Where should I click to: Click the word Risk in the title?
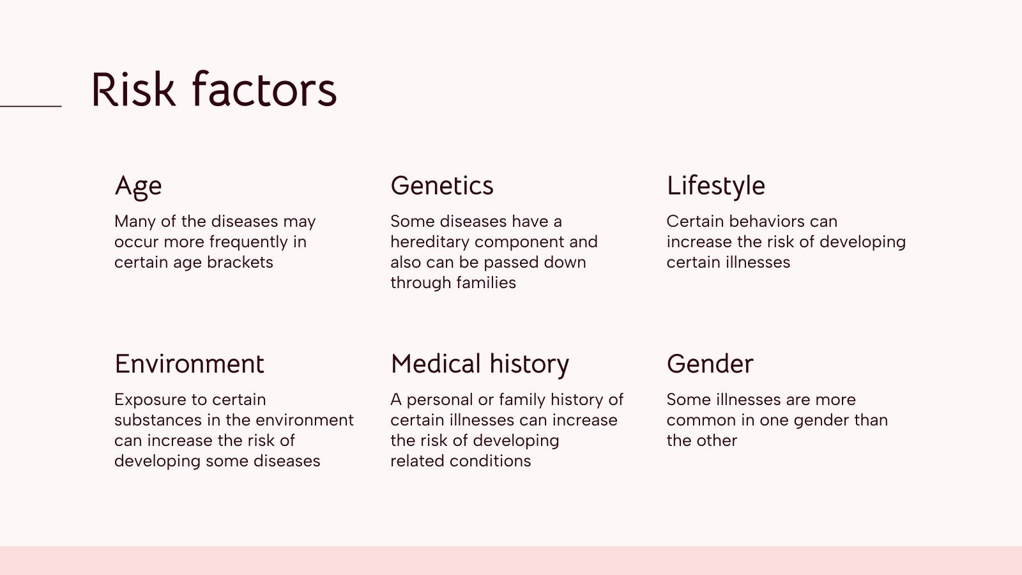[133, 89]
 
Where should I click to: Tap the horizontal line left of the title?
[31, 106]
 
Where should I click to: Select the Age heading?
[138, 187]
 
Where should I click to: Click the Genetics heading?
[442, 186]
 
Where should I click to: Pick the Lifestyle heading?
[715, 186]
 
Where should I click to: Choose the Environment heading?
[189, 364]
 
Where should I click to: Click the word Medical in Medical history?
[436, 364]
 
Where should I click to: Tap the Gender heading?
[710, 364]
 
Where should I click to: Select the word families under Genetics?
[486, 283]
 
